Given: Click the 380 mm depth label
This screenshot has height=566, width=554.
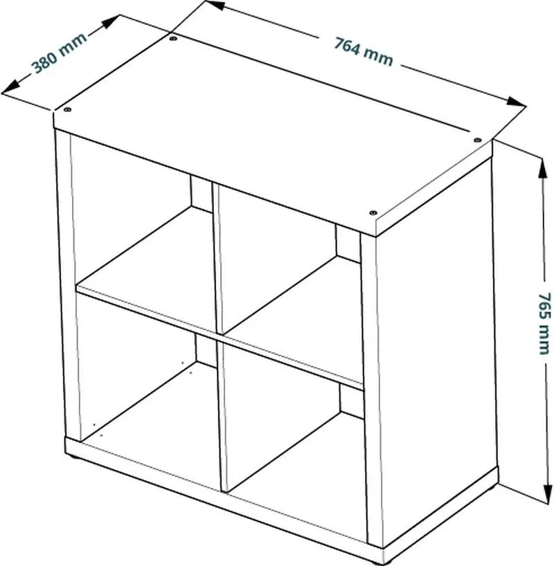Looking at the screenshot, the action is click(x=60, y=53).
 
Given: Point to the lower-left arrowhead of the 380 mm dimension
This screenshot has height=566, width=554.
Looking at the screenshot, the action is click(x=11, y=86).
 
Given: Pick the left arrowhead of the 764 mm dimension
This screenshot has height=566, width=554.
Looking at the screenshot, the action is click(x=215, y=5).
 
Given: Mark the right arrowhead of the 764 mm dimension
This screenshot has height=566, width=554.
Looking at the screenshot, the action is click(x=516, y=102).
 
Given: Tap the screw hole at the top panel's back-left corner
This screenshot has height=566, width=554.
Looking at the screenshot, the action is click(x=173, y=37).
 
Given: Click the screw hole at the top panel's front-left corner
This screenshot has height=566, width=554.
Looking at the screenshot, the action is click(x=67, y=109).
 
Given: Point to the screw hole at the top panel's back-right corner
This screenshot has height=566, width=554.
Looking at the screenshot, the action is click(x=477, y=140).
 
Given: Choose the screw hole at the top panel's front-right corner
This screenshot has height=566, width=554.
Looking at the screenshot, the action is click(x=373, y=212).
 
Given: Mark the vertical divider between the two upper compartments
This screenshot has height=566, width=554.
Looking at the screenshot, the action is click(x=217, y=258).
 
